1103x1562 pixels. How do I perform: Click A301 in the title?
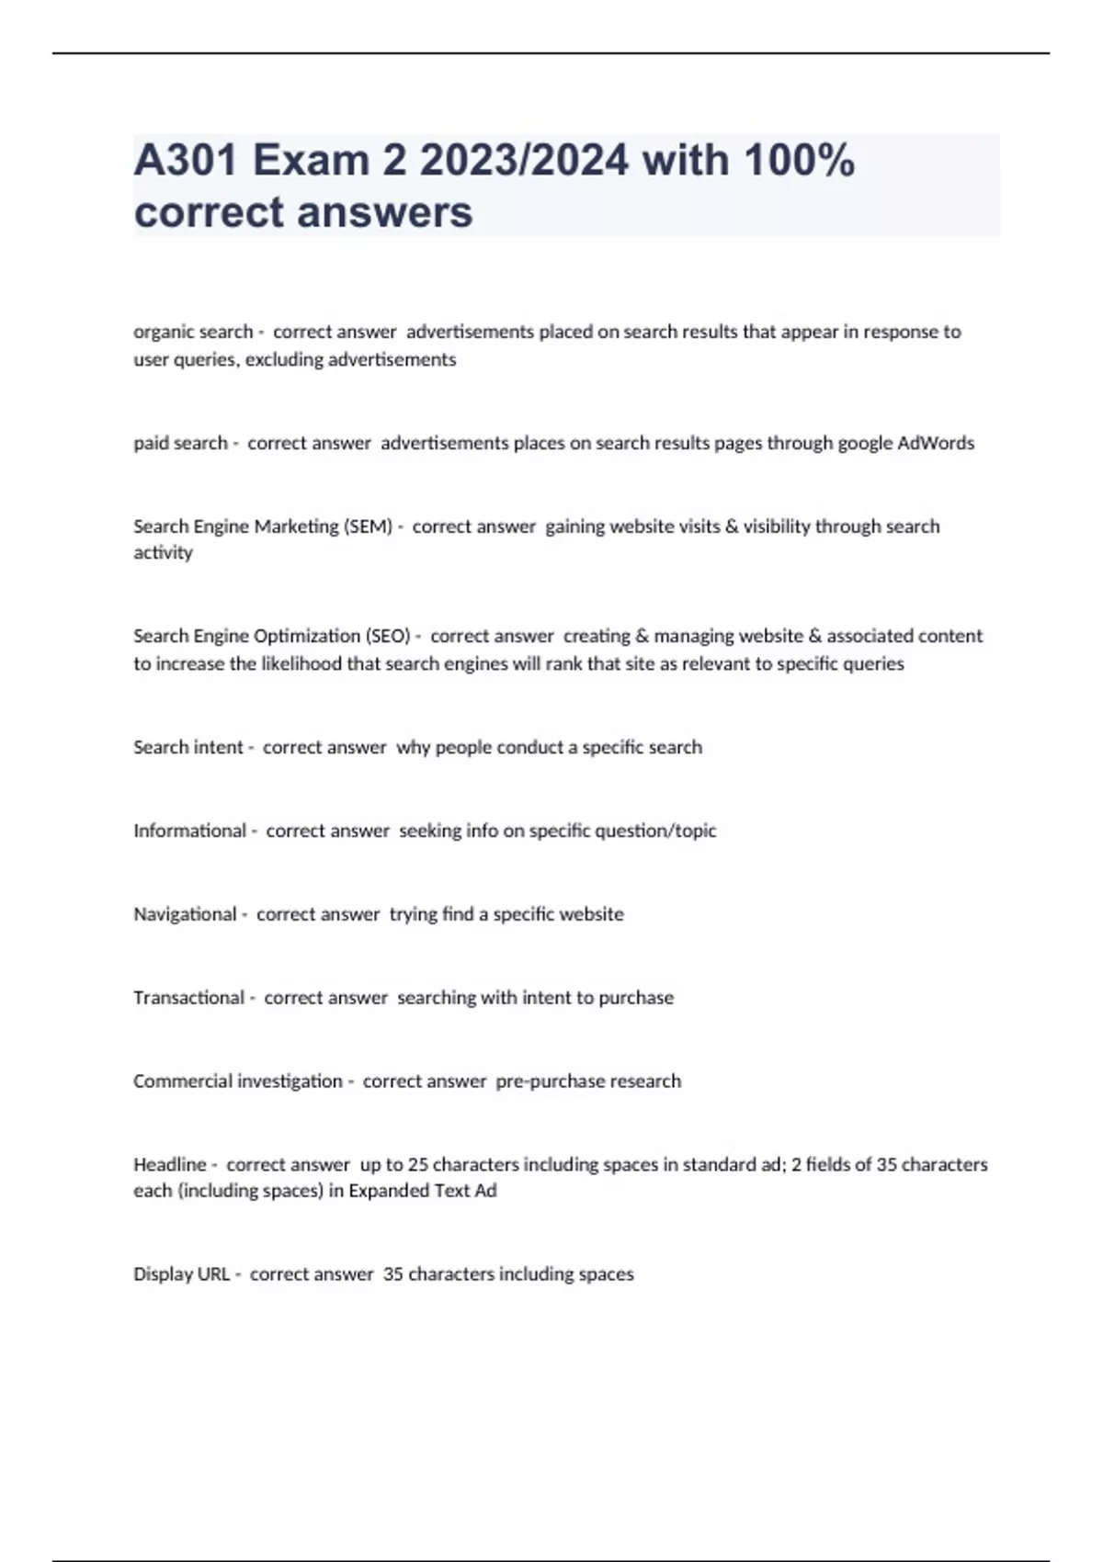coord(186,161)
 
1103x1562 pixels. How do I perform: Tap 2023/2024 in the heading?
coord(524,161)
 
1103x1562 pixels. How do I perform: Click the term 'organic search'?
coord(192,332)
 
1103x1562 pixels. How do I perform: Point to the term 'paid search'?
coord(180,443)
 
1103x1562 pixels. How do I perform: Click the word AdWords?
coord(935,443)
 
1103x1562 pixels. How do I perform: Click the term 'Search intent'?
coord(188,747)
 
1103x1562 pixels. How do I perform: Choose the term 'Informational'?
coord(189,831)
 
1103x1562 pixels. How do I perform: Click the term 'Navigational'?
coord(185,914)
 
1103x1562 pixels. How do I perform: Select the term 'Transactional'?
coord(188,998)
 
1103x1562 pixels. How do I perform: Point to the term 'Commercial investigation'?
coord(237,1081)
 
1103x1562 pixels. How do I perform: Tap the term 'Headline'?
coord(170,1165)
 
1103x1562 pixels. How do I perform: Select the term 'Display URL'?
coord(181,1274)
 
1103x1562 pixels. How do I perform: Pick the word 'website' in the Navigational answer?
coord(589,914)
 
